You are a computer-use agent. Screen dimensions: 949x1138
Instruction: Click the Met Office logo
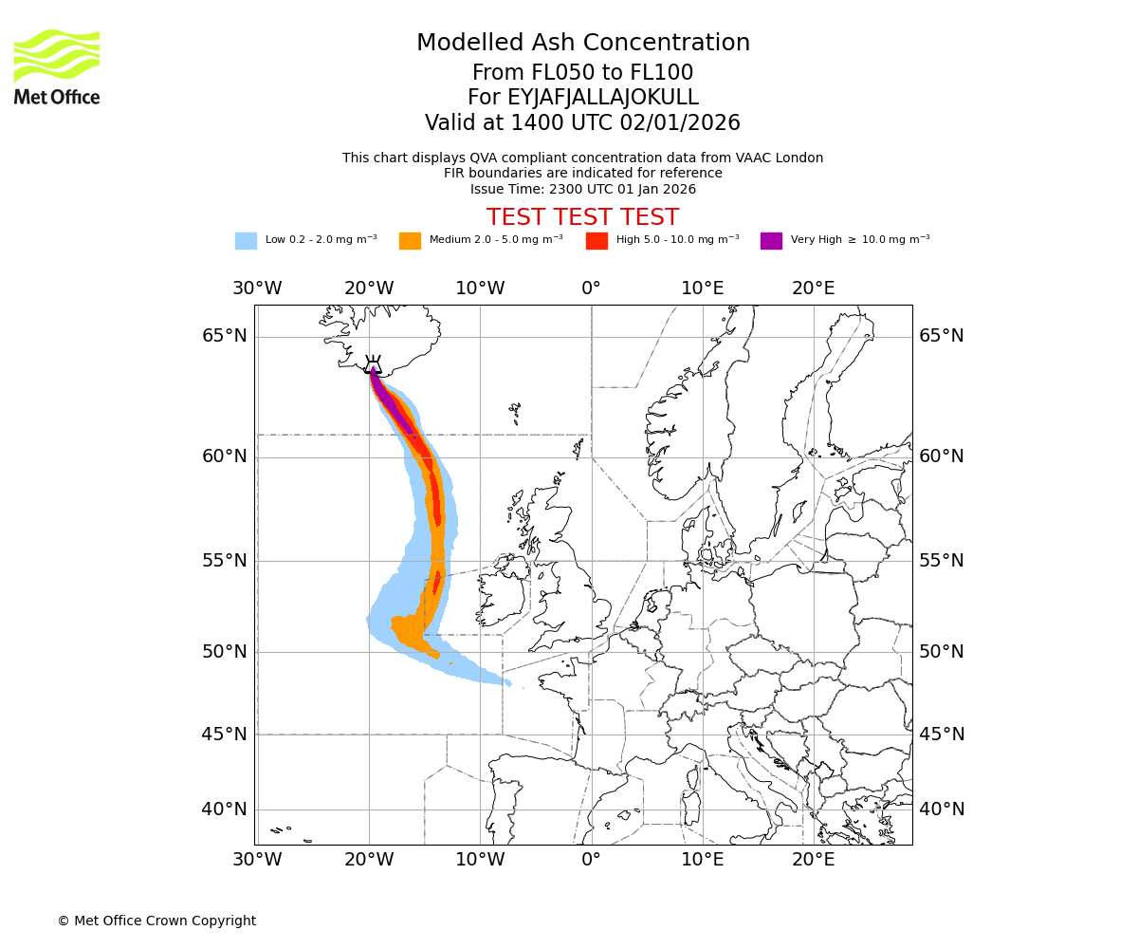[57, 66]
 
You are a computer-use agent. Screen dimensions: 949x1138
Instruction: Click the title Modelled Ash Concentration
[582, 43]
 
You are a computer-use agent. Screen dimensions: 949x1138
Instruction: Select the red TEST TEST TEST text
[582, 217]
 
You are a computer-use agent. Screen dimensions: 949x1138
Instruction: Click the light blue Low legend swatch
[246, 240]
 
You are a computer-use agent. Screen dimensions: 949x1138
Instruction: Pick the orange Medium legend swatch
[410, 240]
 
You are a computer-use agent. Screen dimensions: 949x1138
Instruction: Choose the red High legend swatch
[597, 240]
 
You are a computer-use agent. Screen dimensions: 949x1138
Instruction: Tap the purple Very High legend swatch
[771, 240]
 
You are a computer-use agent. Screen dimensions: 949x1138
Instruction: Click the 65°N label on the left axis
[225, 336]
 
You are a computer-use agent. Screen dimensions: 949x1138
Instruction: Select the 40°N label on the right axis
[941, 809]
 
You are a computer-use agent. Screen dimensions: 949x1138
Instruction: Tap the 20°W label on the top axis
[368, 288]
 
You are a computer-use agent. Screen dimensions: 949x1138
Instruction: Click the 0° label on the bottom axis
[591, 860]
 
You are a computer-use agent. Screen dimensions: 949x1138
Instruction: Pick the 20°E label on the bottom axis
[814, 860]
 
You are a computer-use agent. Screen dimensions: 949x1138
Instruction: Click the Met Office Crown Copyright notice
[156, 921]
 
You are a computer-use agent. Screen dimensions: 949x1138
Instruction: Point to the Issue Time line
[582, 189]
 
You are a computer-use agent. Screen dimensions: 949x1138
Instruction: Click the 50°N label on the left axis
[225, 652]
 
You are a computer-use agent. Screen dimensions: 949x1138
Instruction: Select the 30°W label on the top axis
[257, 288]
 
